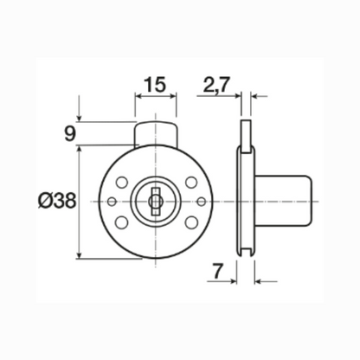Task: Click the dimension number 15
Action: point(156,85)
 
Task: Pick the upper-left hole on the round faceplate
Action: point(121,183)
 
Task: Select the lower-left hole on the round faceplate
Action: point(121,222)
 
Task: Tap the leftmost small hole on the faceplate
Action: point(112,202)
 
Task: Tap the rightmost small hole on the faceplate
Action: point(200,202)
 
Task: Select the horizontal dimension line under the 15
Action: point(156,97)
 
